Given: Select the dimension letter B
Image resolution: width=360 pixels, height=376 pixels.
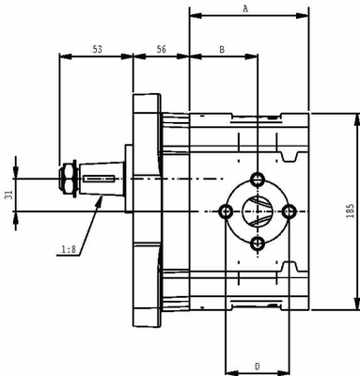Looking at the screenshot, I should click(x=221, y=48).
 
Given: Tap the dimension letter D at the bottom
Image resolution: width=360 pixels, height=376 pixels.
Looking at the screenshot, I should click(x=257, y=365).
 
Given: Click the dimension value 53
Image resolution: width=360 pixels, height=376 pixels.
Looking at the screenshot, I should click(x=97, y=48).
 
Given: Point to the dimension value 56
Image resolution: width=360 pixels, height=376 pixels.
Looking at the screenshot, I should click(x=162, y=48).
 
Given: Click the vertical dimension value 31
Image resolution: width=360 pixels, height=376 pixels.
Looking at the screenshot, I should click(x=10, y=195).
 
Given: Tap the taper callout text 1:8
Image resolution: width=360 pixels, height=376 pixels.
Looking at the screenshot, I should click(x=69, y=250).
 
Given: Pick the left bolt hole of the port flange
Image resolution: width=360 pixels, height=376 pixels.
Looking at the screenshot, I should click(x=226, y=211).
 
